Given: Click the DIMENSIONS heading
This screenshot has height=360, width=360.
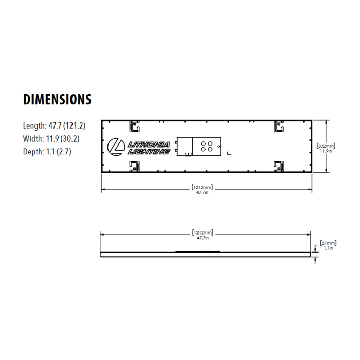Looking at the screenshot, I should (57, 99).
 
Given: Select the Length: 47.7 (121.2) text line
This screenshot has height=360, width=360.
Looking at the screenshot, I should (54, 125).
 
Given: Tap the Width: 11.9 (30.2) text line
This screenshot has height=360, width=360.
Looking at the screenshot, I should (51, 139).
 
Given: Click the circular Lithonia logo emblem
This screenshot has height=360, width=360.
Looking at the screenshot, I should (116, 147).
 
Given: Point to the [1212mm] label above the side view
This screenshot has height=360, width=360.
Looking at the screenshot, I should (202, 233).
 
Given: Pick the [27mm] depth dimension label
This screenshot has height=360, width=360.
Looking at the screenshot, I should (328, 242).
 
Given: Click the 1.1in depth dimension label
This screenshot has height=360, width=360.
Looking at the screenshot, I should (328, 248).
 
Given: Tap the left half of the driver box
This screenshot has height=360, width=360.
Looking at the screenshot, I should (184, 146).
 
